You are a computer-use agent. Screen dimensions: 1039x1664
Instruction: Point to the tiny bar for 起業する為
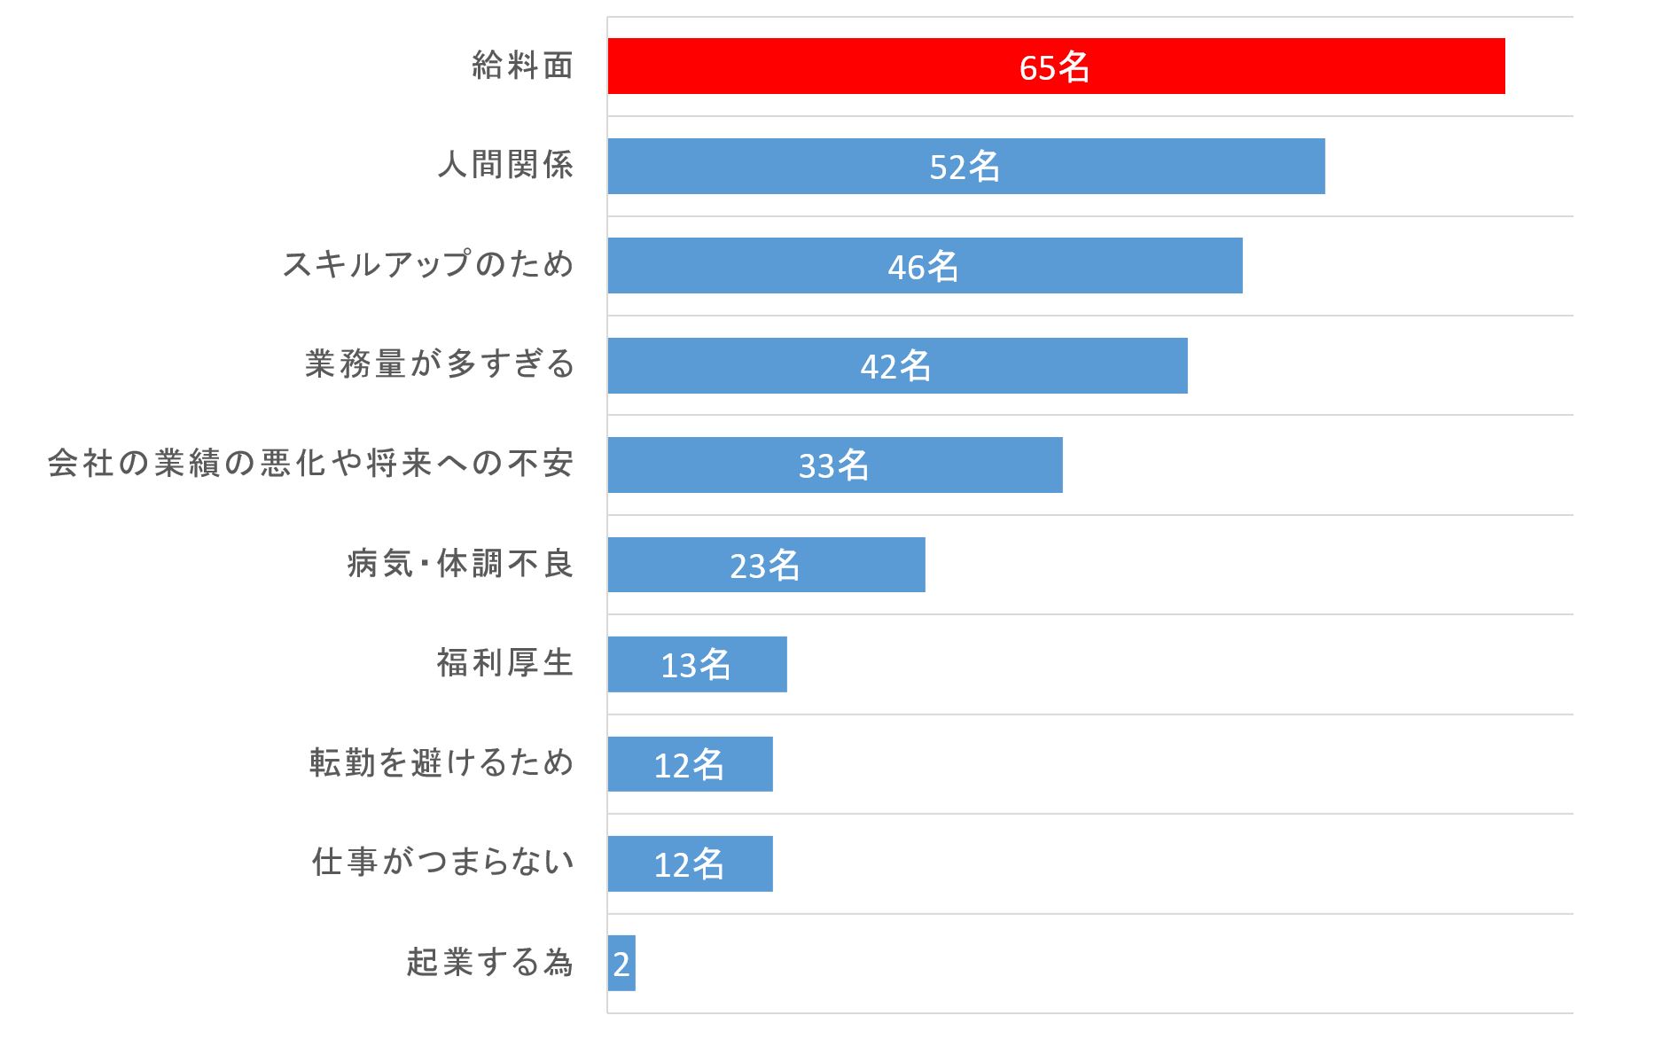click(x=621, y=963)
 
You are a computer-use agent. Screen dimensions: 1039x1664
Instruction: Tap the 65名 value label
click(x=1054, y=67)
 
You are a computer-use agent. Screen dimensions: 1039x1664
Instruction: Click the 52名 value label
click(x=965, y=167)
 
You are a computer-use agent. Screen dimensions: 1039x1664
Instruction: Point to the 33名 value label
click(x=833, y=465)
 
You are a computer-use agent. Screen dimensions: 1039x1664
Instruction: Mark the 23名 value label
click(x=764, y=566)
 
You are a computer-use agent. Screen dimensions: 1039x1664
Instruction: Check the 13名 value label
click(x=696, y=665)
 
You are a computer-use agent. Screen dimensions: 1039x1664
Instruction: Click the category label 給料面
click(x=522, y=66)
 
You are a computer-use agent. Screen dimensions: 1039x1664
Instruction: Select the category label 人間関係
click(x=505, y=165)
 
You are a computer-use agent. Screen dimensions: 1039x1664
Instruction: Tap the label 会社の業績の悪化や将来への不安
click(x=310, y=464)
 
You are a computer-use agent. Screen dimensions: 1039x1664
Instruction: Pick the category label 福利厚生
click(x=505, y=663)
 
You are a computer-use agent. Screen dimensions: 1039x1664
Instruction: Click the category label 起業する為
click(x=489, y=962)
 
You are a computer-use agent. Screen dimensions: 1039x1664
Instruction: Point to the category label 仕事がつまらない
click(x=442, y=862)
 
